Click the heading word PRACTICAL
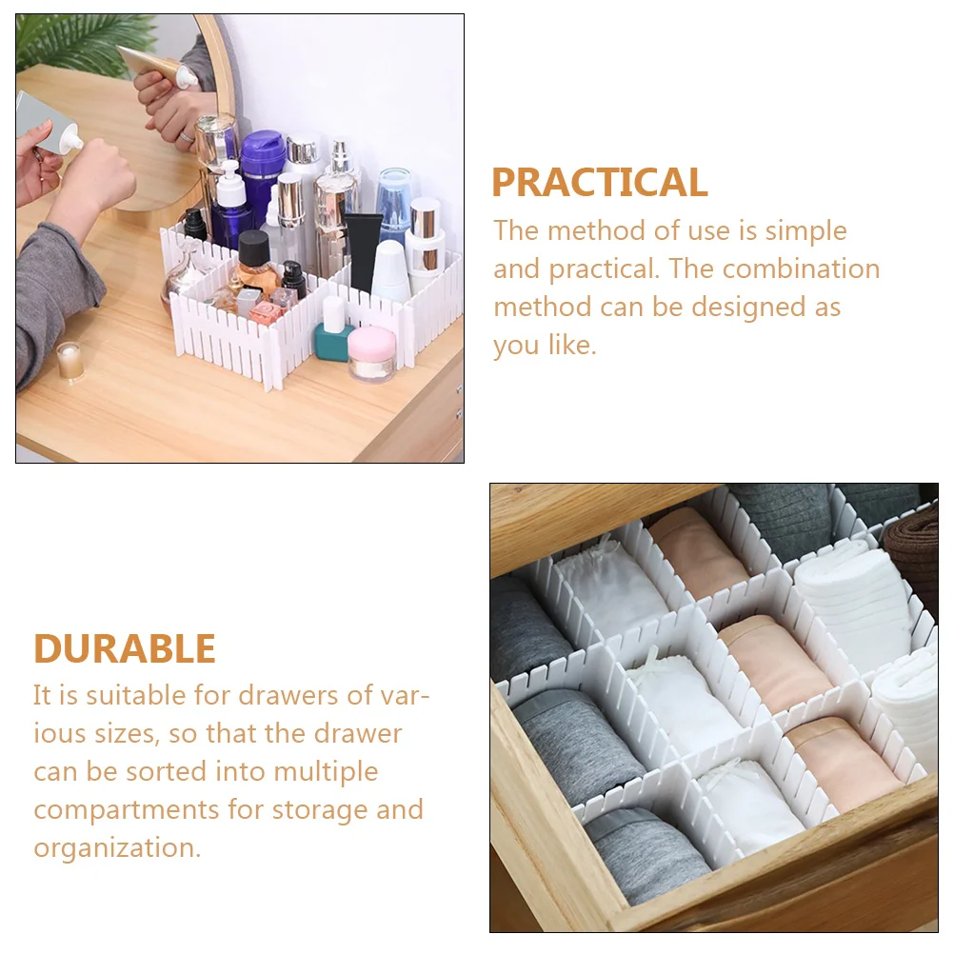[599, 183]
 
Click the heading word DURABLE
[125, 648]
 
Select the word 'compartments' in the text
[127, 809]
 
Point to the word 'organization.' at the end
[117, 847]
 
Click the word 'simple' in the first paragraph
[805, 230]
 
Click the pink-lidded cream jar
[371, 352]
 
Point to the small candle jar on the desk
[70, 361]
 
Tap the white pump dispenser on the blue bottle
[229, 186]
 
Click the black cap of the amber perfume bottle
[253, 248]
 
